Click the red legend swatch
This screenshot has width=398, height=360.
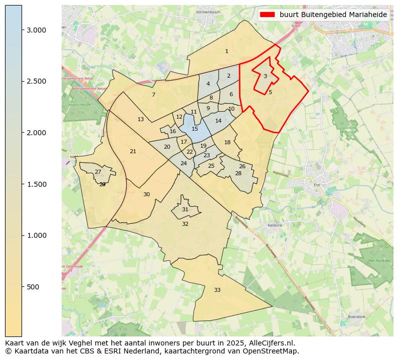(268, 15)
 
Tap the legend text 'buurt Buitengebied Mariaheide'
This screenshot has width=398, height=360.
(333, 15)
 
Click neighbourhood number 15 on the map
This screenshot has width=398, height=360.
(195, 129)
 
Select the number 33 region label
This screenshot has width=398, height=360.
(217, 290)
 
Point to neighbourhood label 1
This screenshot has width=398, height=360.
(227, 51)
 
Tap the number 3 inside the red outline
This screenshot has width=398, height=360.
(265, 76)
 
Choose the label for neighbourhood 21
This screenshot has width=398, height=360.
(133, 151)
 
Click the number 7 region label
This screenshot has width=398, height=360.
(153, 95)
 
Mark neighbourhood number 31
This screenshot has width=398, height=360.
(185, 209)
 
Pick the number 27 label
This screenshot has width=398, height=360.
(98, 172)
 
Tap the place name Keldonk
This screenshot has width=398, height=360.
(275, 225)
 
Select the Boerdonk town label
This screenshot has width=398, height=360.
(358, 317)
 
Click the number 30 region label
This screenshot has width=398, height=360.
(146, 194)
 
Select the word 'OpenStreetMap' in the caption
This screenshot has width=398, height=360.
(273, 351)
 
